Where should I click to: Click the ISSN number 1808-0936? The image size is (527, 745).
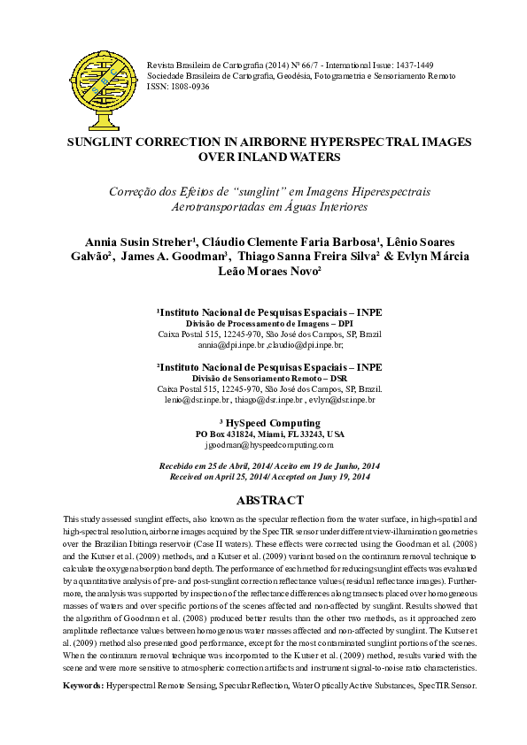point(190,88)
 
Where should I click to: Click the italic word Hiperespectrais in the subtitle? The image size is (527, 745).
point(375,191)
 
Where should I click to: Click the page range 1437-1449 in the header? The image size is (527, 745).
point(413,66)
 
